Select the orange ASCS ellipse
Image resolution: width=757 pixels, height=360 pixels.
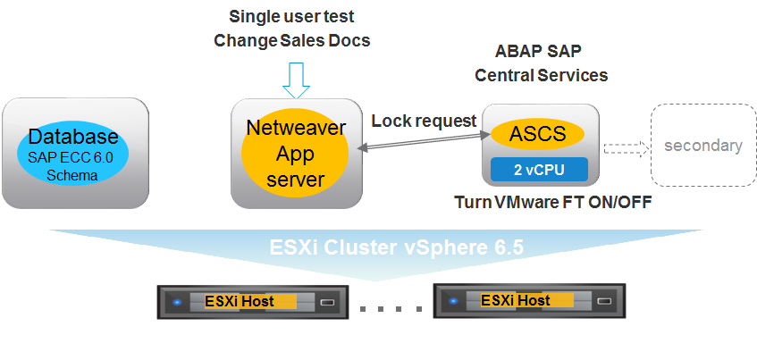tap(537, 135)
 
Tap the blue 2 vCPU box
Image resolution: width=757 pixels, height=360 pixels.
tap(538, 169)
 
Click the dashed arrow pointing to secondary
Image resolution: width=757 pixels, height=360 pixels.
tap(624, 147)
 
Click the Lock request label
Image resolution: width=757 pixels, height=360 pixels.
tap(423, 121)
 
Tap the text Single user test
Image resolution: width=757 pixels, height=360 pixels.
tap(291, 16)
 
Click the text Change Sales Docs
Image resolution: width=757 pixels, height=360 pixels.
tap(291, 40)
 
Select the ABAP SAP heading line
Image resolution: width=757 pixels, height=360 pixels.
tap(540, 51)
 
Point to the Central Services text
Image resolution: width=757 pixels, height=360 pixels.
tap(541, 75)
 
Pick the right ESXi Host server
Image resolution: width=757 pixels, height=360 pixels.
tap(527, 301)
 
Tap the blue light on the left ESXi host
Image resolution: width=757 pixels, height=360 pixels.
tap(177, 302)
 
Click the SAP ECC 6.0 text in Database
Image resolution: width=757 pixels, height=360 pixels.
tap(73, 157)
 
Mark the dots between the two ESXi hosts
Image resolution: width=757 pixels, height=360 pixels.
tap(391, 308)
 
